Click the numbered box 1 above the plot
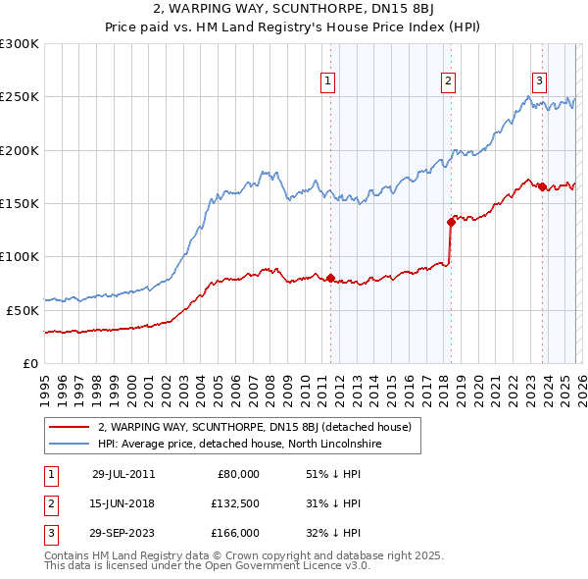(327, 81)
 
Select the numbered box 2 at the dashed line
(448, 81)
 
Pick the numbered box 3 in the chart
(539, 81)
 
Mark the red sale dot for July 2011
(330, 278)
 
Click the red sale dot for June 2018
(451, 222)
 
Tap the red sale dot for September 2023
(542, 186)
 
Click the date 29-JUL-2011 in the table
(123, 474)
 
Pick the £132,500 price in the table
(234, 503)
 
